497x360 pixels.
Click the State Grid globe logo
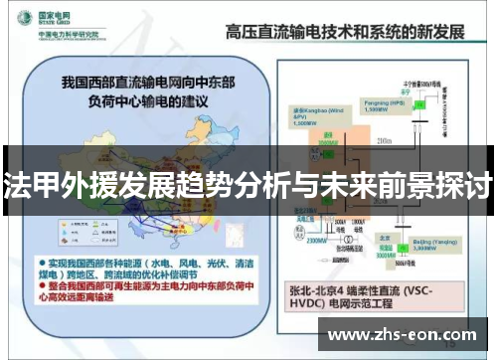coord(19,21)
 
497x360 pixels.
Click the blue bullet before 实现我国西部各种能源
coord(46,256)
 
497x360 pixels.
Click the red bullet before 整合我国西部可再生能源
coord(46,283)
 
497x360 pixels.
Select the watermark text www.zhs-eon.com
coord(401,333)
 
